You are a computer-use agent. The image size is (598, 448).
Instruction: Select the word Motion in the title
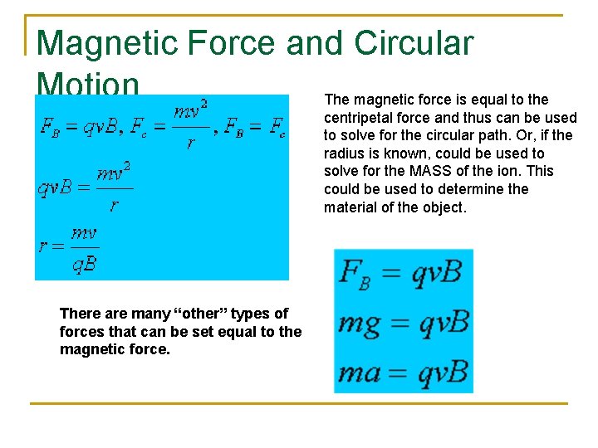(87, 84)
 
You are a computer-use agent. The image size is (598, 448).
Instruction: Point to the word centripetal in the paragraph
(360, 117)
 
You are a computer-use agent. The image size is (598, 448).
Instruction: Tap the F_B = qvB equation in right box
(402, 271)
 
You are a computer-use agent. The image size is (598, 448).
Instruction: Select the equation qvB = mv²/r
(84, 187)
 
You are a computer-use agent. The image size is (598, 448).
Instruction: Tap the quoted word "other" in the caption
(202, 314)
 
